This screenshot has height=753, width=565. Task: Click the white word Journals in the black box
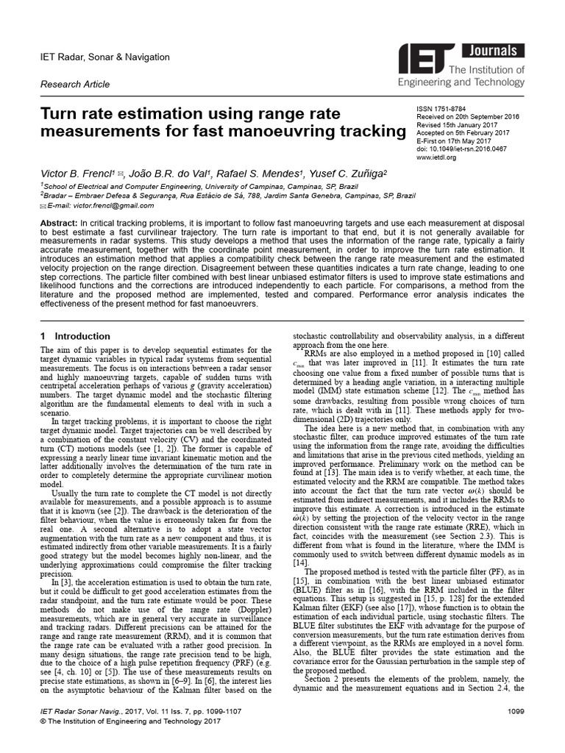[x=493, y=51]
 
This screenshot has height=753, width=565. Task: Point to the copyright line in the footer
[x=129, y=723]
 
